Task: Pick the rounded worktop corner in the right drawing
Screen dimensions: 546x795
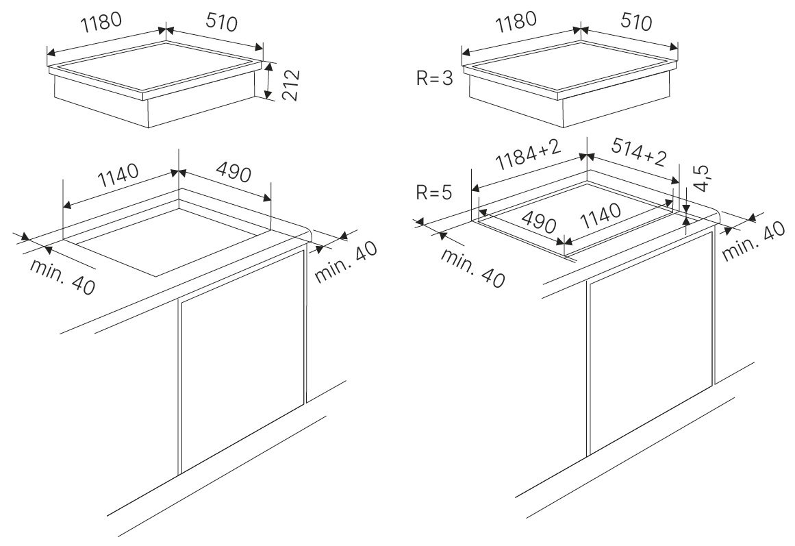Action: tap(715, 214)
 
